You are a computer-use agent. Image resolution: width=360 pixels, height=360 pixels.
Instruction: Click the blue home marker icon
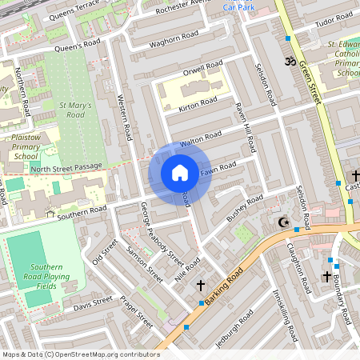tap(180, 173)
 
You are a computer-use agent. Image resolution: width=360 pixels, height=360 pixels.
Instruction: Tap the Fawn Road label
tap(218, 168)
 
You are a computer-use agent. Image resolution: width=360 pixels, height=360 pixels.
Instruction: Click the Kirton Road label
tap(198, 103)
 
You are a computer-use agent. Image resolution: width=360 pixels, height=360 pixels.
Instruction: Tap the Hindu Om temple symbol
tap(290, 62)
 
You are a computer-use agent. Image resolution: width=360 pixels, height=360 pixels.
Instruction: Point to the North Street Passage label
tap(67, 168)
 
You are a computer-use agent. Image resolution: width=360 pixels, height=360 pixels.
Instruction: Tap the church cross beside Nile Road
tap(200, 285)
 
